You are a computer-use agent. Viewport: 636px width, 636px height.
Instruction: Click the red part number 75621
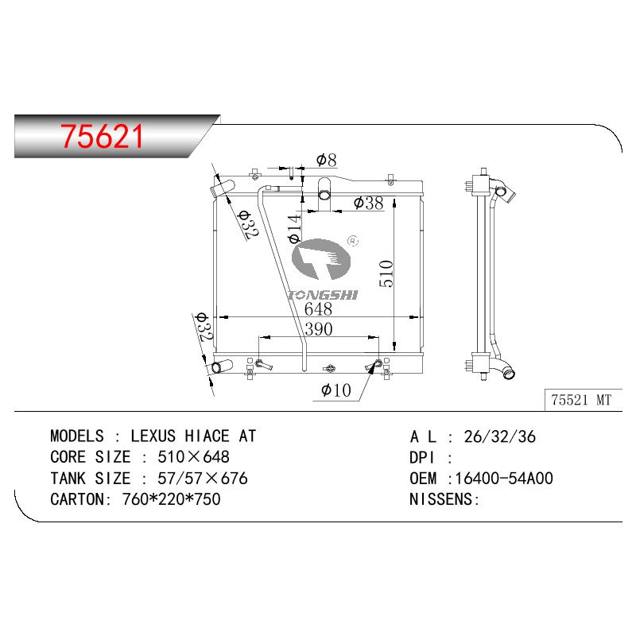coord(102,136)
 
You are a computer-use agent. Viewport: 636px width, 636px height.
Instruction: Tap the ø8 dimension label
coord(327,160)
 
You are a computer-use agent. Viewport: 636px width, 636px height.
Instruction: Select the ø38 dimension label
coord(368,203)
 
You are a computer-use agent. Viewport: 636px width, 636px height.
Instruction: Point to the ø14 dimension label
coord(294,229)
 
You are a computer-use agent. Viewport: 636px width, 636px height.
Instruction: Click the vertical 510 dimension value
coord(386,273)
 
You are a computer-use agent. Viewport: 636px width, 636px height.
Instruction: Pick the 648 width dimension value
coord(319,309)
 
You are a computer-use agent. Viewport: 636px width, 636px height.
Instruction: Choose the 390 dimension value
coord(319,329)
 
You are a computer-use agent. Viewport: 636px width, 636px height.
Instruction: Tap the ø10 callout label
coord(335,390)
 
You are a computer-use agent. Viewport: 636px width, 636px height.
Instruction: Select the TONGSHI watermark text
coord(323,295)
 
